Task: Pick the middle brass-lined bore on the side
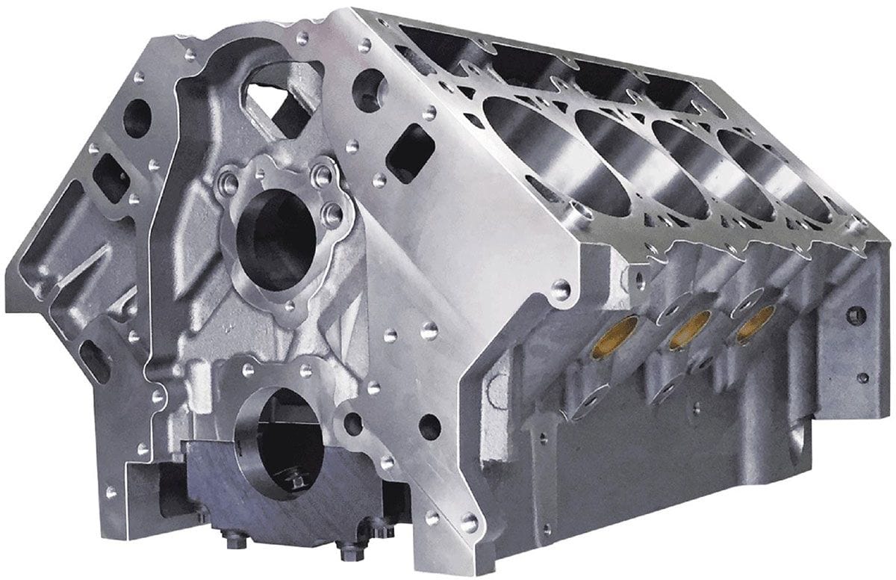point(689,330)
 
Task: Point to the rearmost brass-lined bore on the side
point(753,325)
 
